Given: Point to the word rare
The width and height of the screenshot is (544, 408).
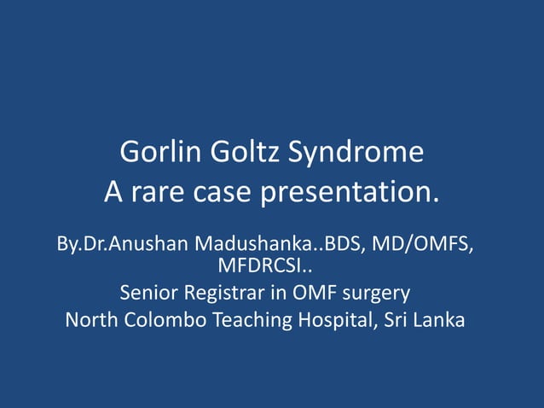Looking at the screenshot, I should (x=157, y=193).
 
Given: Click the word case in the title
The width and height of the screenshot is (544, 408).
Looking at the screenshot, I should (x=225, y=193).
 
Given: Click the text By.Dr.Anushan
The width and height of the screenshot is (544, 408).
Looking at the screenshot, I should (x=123, y=244).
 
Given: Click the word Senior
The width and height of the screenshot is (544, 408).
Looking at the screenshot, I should (x=149, y=294).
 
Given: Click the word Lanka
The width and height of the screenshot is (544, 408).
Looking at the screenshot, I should (x=438, y=321).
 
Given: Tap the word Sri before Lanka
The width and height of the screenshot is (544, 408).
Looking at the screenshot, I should (x=396, y=321).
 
